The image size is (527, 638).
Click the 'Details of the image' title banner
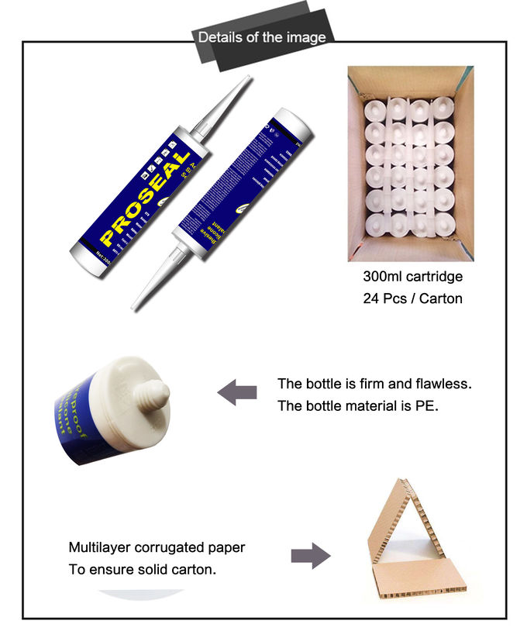[x=262, y=37]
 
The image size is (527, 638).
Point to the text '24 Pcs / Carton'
[x=412, y=298]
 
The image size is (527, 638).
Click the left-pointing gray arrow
[x=236, y=393]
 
